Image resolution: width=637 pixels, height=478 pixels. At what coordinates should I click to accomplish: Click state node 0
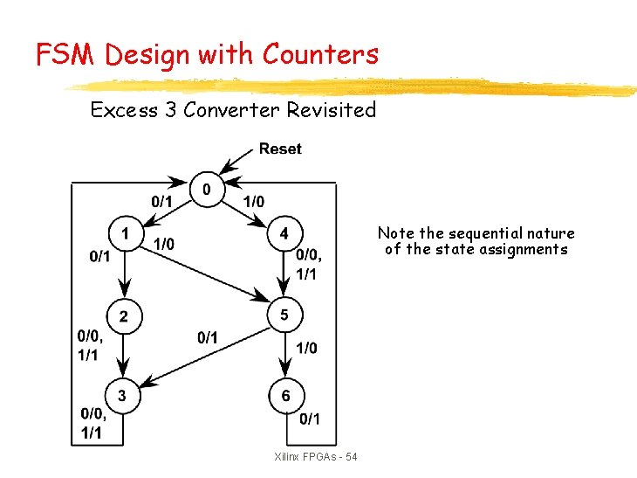click(x=207, y=189)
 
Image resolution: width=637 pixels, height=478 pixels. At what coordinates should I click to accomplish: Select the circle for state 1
click(x=126, y=234)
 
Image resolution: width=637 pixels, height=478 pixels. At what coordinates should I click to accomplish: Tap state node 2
click(x=123, y=315)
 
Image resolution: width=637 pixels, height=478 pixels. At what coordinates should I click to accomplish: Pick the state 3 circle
click(x=122, y=396)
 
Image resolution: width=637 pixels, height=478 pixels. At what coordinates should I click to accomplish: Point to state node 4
click(x=284, y=234)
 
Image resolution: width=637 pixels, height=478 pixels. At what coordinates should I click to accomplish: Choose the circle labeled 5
click(x=284, y=315)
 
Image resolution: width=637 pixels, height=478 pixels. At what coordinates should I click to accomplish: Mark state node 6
click(x=285, y=396)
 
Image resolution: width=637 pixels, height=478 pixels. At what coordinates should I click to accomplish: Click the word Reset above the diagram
click(x=280, y=149)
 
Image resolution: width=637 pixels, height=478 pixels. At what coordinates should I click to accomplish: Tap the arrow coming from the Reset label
click(x=236, y=163)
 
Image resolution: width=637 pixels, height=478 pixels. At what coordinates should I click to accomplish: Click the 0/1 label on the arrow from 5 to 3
click(x=208, y=337)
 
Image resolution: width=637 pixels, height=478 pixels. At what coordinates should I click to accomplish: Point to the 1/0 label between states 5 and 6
click(x=306, y=348)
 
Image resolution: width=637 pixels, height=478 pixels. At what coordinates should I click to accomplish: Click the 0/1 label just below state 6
click(x=309, y=420)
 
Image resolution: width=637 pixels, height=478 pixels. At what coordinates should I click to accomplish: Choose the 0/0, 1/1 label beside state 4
click(x=308, y=264)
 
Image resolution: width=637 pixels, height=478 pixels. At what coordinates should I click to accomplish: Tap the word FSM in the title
click(x=67, y=55)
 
